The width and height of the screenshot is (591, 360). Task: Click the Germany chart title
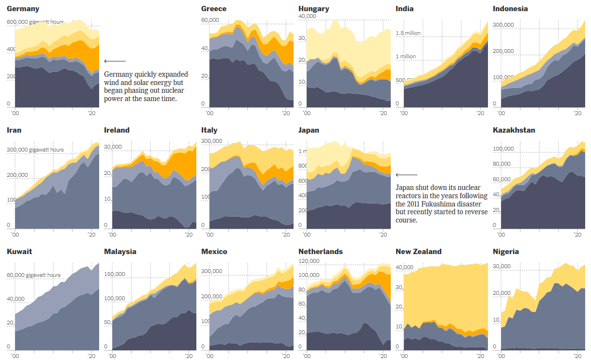[x=23, y=9]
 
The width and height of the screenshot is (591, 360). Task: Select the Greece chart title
[x=214, y=9]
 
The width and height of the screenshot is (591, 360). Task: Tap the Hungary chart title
[x=313, y=9]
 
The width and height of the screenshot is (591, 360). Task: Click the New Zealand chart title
[x=418, y=252]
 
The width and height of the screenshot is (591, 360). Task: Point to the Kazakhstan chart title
[x=514, y=130]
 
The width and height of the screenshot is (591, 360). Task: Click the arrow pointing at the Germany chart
[x=115, y=61]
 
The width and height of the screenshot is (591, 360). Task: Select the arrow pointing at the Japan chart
[x=406, y=175]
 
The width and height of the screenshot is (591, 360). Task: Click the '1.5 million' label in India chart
[x=408, y=33]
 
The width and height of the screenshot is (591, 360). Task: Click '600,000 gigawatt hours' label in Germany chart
[x=35, y=22]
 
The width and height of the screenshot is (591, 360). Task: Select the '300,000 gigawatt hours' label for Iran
[x=35, y=150]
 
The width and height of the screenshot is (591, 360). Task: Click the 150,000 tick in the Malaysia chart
[x=115, y=274]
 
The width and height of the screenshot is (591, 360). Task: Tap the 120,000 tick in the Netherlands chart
[x=309, y=261]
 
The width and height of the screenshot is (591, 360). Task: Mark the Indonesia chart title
[x=510, y=9]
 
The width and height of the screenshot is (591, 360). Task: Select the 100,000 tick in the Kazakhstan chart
[x=503, y=149]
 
